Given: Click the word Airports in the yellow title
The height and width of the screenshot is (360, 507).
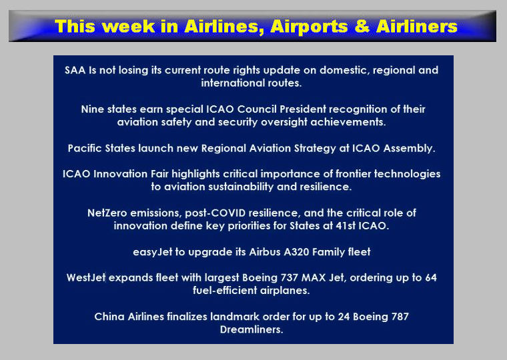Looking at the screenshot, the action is tap(309, 27).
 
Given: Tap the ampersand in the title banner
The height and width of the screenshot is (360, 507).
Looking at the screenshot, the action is tap(362, 27).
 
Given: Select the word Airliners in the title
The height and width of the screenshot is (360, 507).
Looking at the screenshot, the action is tap(417, 26).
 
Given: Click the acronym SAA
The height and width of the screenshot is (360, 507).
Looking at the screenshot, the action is tap(75, 70).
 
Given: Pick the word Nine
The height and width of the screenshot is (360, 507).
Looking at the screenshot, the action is tap(93, 109).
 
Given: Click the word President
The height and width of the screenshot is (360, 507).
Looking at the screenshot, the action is tap(303, 109).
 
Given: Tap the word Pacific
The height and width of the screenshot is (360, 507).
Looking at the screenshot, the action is tap(85, 148).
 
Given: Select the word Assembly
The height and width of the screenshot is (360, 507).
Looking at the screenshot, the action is tap(409, 148).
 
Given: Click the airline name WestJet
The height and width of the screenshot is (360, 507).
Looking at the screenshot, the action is tap(86, 277).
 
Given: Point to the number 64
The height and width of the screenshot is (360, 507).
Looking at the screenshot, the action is tap(431, 277).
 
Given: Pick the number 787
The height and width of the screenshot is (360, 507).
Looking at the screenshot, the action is tap(400, 317).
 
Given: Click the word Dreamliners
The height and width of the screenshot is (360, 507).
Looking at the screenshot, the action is tap(251, 329).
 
